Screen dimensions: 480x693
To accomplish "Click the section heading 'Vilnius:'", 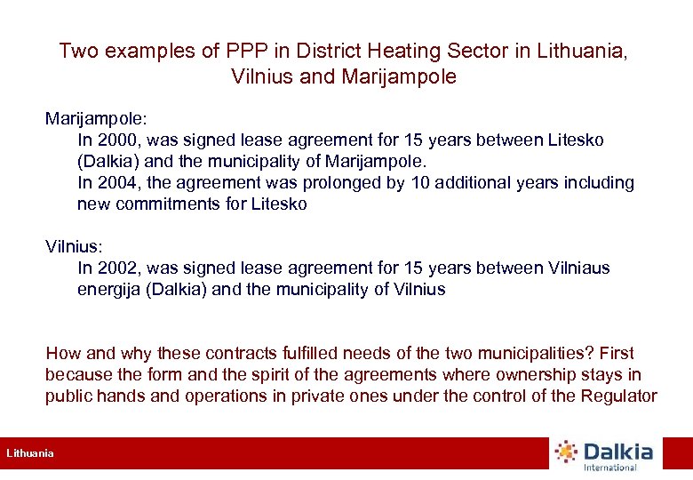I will pos(72,246).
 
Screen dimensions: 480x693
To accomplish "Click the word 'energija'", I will pos(110,290).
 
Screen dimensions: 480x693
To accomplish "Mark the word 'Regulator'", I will pos(618,396).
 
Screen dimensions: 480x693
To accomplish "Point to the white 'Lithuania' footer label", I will pos(30,454).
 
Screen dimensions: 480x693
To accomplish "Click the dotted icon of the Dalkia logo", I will pos(565,452).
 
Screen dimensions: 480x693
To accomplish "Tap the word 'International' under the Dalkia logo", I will pos(609,468).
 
